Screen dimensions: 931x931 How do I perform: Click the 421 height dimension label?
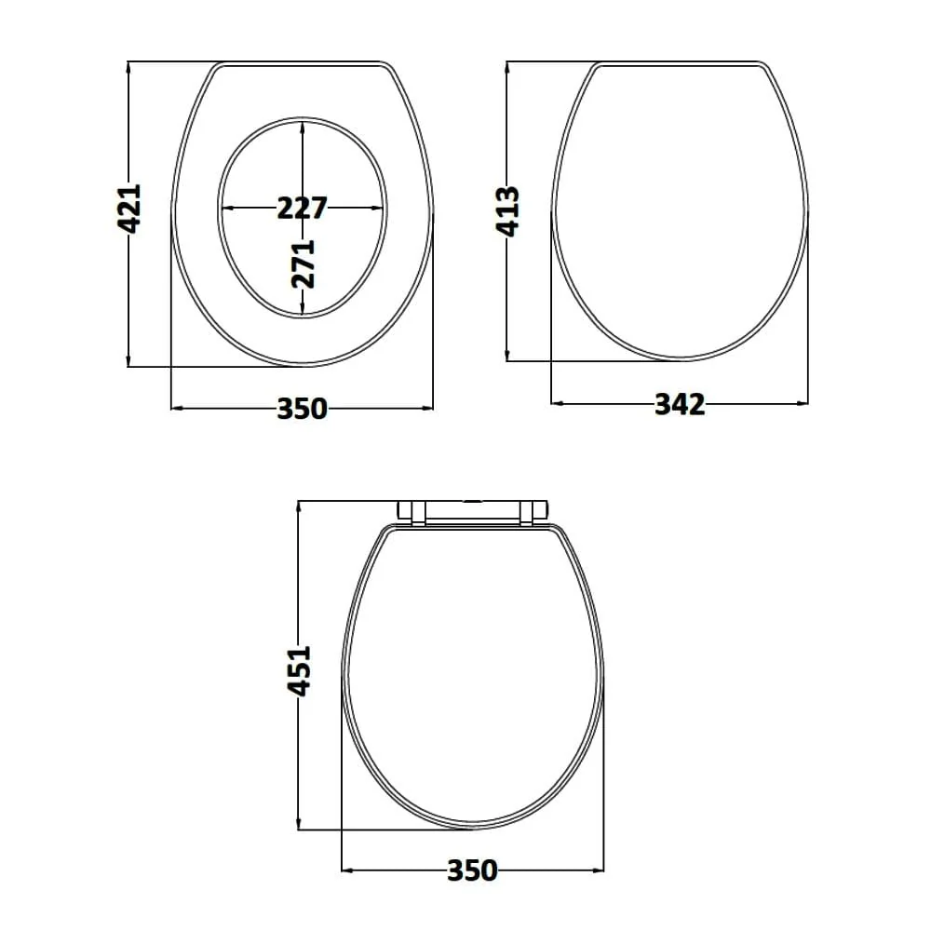129,209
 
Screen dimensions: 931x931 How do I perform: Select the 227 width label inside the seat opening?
303,208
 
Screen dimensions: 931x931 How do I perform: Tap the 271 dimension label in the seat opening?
303,263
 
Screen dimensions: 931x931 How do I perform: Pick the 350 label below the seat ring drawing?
303,409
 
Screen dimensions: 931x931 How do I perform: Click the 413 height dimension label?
507,211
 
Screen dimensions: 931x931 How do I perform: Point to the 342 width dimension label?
680,404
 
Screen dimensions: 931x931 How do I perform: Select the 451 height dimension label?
299,671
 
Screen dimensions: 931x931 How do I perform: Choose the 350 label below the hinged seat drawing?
472,870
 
